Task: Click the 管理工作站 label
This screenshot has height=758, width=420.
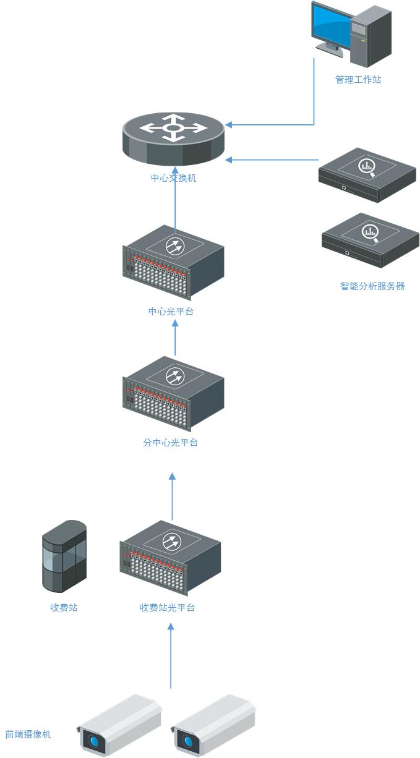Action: coord(358,80)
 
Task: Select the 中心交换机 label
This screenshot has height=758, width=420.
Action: coord(174,178)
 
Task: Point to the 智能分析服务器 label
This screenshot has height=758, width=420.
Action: coord(372,286)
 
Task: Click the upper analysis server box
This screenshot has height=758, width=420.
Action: coord(366,174)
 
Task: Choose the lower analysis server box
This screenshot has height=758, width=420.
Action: coord(370,240)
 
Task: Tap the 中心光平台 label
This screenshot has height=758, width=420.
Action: coord(171,311)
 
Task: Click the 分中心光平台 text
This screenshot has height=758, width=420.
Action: coord(171,443)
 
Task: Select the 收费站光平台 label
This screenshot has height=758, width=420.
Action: coord(167,608)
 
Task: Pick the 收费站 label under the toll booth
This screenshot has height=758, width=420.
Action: coord(64,608)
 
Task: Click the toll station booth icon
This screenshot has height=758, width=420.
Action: coord(64,556)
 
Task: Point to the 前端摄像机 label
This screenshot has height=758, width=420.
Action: coord(28,735)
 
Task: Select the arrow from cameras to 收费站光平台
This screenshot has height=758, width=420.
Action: coord(171,655)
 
